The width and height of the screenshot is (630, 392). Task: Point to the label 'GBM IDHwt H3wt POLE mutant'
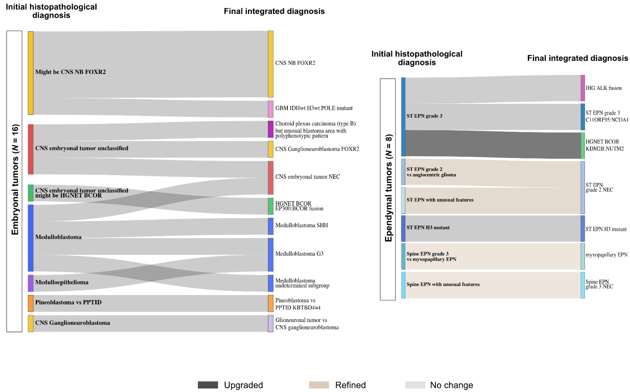[x=314, y=108]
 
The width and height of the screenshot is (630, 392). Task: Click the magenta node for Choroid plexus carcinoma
[x=270, y=129]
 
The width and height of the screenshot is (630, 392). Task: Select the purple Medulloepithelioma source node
[x=31, y=283]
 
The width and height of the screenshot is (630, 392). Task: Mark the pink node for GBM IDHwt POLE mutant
[x=270, y=109]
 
